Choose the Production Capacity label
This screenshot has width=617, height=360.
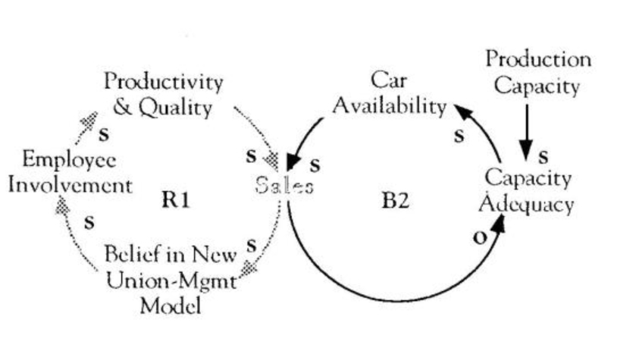(x=537, y=73)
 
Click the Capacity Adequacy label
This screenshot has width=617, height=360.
(x=529, y=191)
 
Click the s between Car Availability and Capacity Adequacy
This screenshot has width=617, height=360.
(x=459, y=136)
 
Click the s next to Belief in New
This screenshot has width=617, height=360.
(x=252, y=244)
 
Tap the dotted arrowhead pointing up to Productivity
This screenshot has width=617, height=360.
(x=91, y=120)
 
